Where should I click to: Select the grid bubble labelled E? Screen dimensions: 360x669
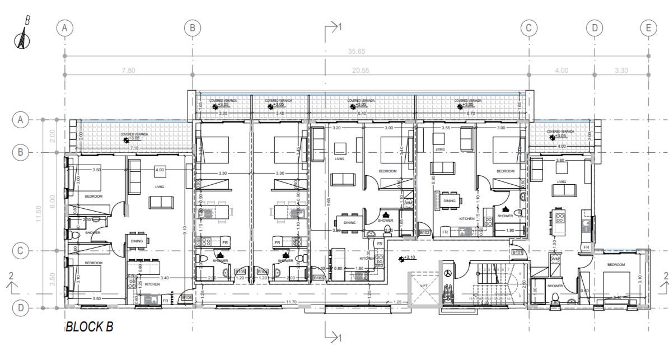tap(648, 27)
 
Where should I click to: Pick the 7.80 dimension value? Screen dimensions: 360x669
tap(128, 71)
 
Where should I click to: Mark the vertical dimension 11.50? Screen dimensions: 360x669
tap(39, 213)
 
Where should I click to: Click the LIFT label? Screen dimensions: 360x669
tap(424, 286)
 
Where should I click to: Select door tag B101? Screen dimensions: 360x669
tap(517, 253)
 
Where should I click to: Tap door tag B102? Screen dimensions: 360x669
tap(424, 232)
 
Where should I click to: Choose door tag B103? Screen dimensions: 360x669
tap(319, 278)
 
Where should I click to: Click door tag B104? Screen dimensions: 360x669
tap(262, 272)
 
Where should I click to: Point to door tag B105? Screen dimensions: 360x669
tap(240, 272)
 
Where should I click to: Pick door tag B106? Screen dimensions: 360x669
tap(188, 297)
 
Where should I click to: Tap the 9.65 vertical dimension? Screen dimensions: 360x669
tap(329, 199)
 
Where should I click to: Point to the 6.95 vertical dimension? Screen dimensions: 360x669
tap(435, 180)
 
